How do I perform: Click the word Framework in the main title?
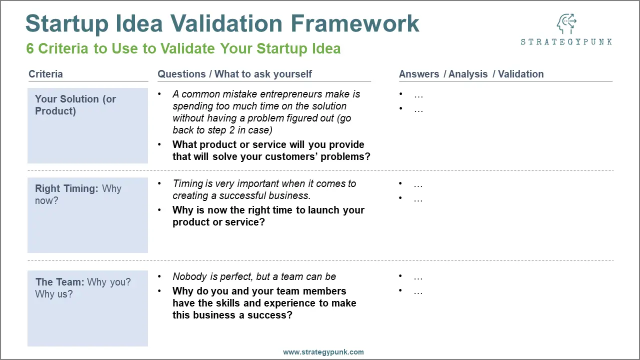[x=354, y=23]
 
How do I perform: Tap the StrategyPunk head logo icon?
[x=566, y=23]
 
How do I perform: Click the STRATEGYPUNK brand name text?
[x=566, y=42]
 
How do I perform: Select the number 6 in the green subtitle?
[x=29, y=48]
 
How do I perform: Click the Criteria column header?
[x=45, y=74]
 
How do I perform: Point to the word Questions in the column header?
[x=181, y=74]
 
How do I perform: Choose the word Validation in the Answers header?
[x=520, y=74]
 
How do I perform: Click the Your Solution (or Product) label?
[x=75, y=105]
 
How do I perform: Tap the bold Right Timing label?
[x=66, y=188]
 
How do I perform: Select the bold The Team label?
[x=59, y=282]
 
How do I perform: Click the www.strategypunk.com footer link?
[x=323, y=352]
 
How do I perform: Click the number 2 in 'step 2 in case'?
[x=232, y=130]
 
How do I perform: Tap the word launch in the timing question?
[x=323, y=210]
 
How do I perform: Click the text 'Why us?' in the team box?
[x=53, y=294]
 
